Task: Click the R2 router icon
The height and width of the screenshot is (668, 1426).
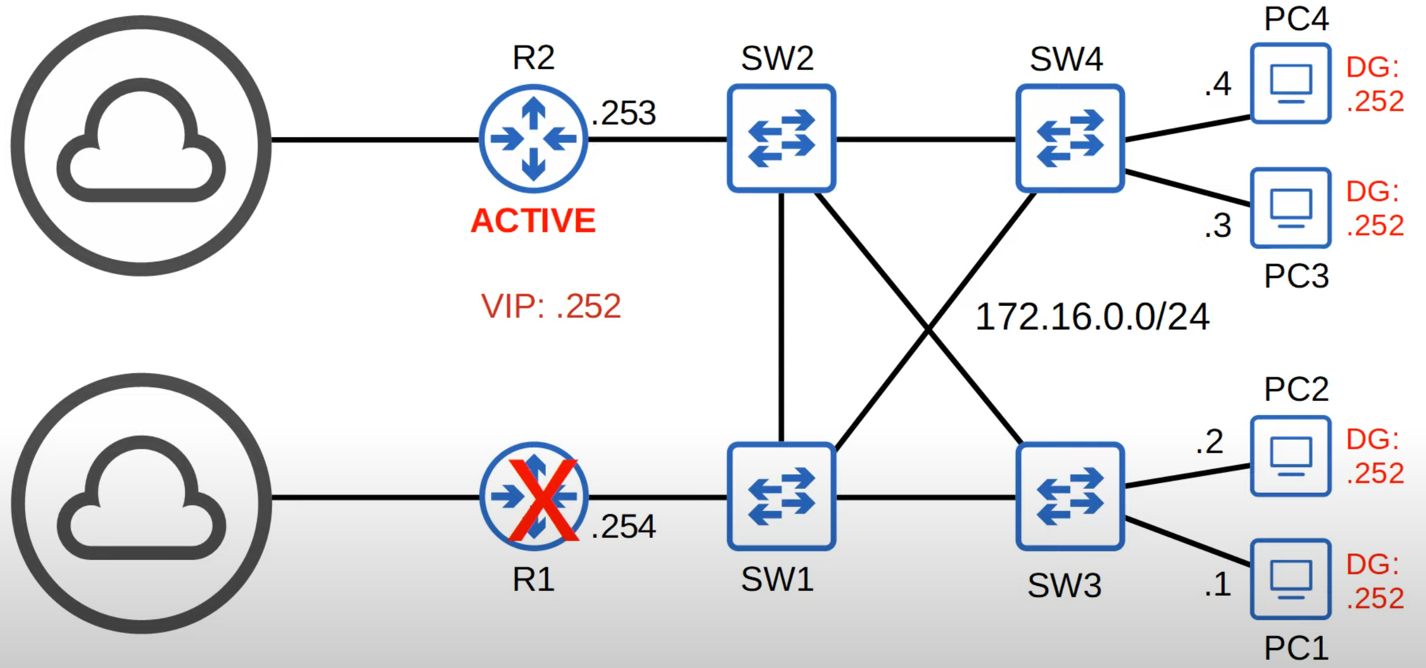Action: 533,139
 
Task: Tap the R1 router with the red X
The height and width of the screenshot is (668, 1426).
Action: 533,496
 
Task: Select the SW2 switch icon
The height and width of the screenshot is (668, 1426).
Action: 782,138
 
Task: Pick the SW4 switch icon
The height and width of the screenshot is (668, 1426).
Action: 1070,138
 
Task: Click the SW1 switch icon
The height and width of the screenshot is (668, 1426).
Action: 782,496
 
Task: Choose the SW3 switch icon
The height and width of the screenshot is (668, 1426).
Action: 1070,496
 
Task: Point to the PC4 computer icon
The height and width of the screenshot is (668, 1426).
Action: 1291,83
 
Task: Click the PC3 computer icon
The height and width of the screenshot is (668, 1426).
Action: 1291,208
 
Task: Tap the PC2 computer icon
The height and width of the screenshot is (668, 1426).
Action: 1291,456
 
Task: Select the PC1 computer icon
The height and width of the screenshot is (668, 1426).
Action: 1291,580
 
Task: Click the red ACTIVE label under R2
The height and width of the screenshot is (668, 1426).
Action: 533,221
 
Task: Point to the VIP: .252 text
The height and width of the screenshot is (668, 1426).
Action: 551,306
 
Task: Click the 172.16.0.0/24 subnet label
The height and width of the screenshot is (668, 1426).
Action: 1092,317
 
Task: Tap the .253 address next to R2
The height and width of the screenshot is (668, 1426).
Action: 624,113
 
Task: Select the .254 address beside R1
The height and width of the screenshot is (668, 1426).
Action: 624,527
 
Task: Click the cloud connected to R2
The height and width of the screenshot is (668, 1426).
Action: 141,145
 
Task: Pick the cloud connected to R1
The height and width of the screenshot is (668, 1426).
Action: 141,503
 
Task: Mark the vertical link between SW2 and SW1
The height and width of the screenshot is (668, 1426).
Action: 782,318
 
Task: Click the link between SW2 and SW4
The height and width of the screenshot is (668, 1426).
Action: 926,139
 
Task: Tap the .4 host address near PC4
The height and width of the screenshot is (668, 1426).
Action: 1218,84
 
